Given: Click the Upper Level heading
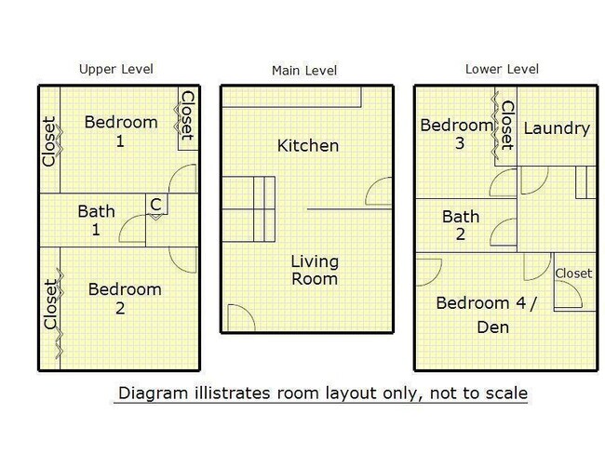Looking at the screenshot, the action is click(x=116, y=69).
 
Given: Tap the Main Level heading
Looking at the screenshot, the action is click(x=304, y=71).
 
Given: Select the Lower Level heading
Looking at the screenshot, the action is click(x=502, y=69).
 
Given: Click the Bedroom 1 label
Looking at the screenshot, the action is click(x=121, y=131).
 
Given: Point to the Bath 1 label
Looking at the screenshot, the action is click(x=97, y=220).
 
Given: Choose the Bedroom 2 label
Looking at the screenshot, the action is click(x=125, y=299).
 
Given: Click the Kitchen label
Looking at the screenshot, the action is click(x=308, y=146).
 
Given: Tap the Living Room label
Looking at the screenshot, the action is click(x=315, y=270).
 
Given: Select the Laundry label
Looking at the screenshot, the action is click(x=557, y=128).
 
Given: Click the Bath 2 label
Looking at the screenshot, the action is click(x=461, y=225).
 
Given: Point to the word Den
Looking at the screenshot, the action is click(x=493, y=327).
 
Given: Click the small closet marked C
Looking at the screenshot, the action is click(x=156, y=204).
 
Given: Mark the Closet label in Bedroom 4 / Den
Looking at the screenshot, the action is click(x=573, y=274).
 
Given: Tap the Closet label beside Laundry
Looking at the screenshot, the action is click(x=507, y=126).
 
